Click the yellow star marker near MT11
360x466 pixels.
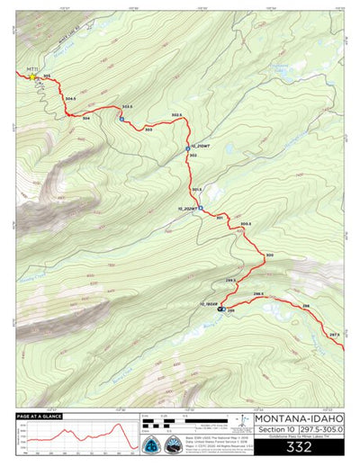tap(34, 77)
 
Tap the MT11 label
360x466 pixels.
tap(31, 69)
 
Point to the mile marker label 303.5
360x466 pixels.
tap(127, 107)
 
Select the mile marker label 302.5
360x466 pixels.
tap(176, 115)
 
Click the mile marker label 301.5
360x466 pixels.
tap(197, 189)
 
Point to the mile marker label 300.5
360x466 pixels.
tap(246, 223)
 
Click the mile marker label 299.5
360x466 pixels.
tap(230, 281)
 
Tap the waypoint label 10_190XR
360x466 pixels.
tap(209, 303)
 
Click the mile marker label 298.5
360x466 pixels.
tap(257, 294)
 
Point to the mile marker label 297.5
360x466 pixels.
tap(334, 335)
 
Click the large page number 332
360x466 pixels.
tap(298, 445)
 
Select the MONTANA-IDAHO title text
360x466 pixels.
tap(298, 418)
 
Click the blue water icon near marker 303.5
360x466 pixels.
tap(121, 118)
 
